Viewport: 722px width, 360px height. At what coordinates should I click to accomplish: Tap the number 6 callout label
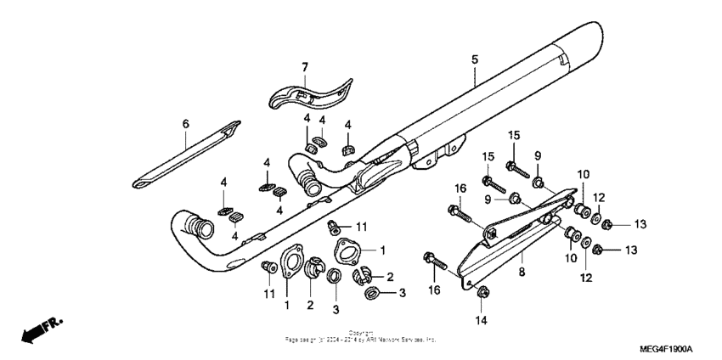coord(184,124)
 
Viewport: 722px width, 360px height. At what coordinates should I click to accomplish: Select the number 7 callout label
coord(304,66)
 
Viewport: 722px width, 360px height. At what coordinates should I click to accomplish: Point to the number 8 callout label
coord(522,273)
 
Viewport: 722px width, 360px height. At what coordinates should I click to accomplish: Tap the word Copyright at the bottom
coord(361,333)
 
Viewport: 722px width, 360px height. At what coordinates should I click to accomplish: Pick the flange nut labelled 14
coord(482,294)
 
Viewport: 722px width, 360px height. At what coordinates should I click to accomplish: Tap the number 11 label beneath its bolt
coord(269,294)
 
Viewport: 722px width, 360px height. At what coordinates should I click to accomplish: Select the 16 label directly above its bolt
coord(460,187)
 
